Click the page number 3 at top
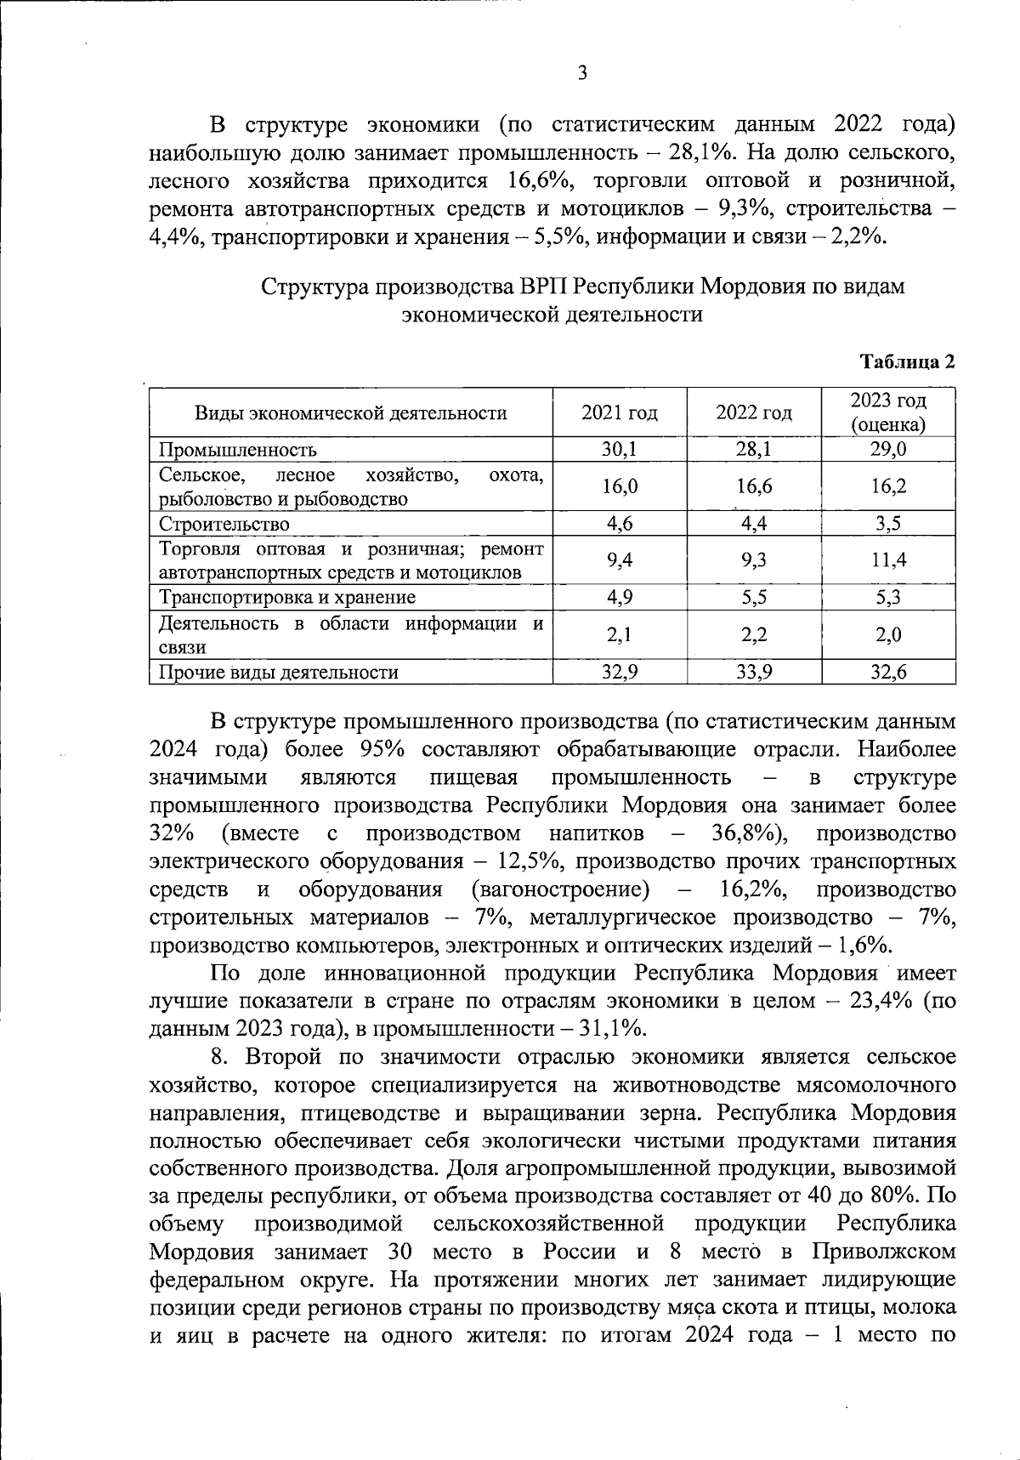click(x=582, y=74)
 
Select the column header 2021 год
click(x=620, y=413)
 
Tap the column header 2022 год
click(x=754, y=413)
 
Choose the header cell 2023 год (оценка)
click(x=888, y=412)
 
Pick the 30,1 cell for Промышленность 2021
click(x=620, y=450)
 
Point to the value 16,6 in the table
click(x=754, y=486)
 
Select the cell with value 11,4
click(x=889, y=560)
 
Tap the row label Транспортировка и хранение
click(x=287, y=597)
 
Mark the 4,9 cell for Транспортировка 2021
click(x=620, y=597)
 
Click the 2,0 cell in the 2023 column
click(x=889, y=634)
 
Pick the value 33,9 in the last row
click(x=754, y=673)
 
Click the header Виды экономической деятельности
click(x=351, y=413)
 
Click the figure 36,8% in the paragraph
click(x=753, y=833)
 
